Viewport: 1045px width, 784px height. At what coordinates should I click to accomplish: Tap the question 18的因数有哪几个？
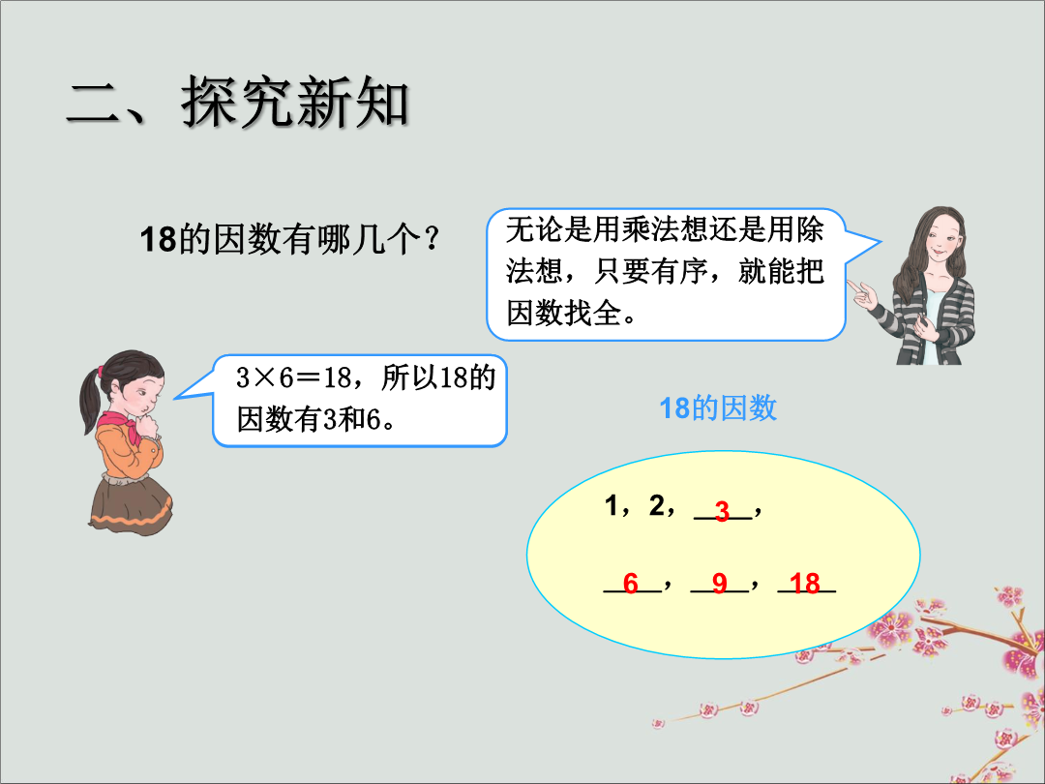(x=290, y=239)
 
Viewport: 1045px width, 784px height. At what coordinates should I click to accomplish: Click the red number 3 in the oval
(x=723, y=511)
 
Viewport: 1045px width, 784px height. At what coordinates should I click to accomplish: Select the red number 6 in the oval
(x=631, y=584)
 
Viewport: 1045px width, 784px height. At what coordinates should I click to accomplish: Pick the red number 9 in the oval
(x=719, y=584)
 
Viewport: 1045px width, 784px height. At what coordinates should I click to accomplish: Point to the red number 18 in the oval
(x=804, y=584)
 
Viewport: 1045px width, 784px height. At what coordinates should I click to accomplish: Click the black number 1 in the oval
(x=612, y=505)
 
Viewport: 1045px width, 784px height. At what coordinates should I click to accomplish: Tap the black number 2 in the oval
(x=656, y=505)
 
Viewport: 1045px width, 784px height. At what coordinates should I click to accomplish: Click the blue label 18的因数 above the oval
(x=718, y=408)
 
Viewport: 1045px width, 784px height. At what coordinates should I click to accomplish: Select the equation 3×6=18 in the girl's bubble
(x=294, y=378)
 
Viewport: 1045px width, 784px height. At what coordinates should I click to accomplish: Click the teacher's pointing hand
(x=863, y=294)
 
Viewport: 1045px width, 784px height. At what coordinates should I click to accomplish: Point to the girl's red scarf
(x=123, y=425)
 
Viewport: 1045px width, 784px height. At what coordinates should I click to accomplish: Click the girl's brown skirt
(x=131, y=502)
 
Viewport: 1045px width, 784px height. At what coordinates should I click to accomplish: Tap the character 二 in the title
(x=94, y=104)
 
